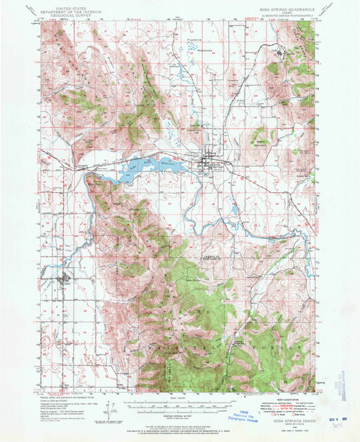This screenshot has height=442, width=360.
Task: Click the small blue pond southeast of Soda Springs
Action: (233, 211)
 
